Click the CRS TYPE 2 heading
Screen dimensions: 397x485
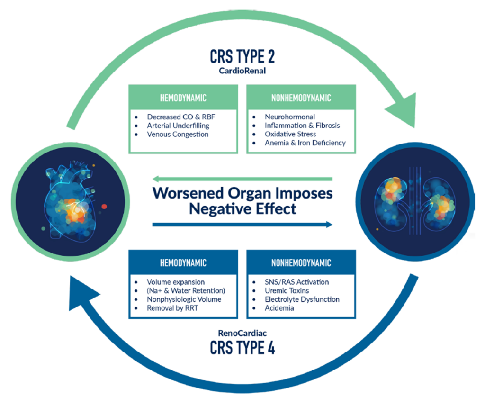point(242,56)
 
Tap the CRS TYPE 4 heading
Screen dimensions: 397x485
point(242,348)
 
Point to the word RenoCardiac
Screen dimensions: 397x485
point(242,332)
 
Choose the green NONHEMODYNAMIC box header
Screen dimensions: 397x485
point(301,98)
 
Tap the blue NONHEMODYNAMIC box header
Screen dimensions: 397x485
point(301,263)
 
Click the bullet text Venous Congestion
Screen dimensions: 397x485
point(178,134)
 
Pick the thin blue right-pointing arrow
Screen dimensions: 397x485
point(242,225)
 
